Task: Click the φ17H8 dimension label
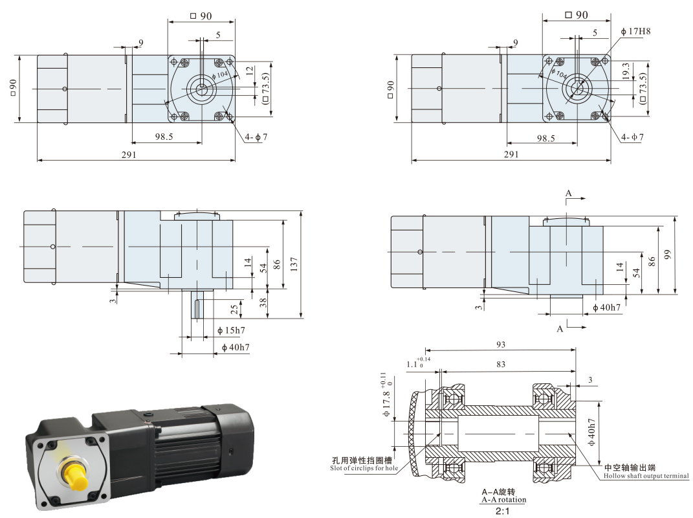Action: pyautogui.click(x=635, y=32)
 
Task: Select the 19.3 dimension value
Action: pyautogui.click(x=626, y=71)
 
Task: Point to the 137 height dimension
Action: pyautogui.click(x=294, y=264)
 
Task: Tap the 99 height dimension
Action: pyautogui.click(x=668, y=255)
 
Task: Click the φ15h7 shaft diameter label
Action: pyautogui.click(x=231, y=330)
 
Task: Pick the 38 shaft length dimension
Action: pyautogui.click(x=263, y=302)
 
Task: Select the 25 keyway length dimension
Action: pyautogui.click(x=234, y=309)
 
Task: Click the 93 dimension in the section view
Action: pyautogui.click(x=501, y=344)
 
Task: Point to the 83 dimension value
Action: pyautogui.click(x=501, y=364)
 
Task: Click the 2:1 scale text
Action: pyautogui.click(x=503, y=512)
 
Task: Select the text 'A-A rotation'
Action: pyautogui.click(x=504, y=500)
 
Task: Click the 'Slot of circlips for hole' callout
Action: pyautogui.click(x=364, y=468)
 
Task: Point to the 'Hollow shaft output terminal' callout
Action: pyautogui.click(x=646, y=476)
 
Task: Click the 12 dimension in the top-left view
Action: pyautogui.click(x=250, y=71)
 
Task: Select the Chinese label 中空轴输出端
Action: pyautogui.click(x=630, y=467)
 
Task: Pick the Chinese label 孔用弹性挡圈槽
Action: pyautogui.click(x=362, y=460)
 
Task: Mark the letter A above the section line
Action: pyautogui.click(x=568, y=193)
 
